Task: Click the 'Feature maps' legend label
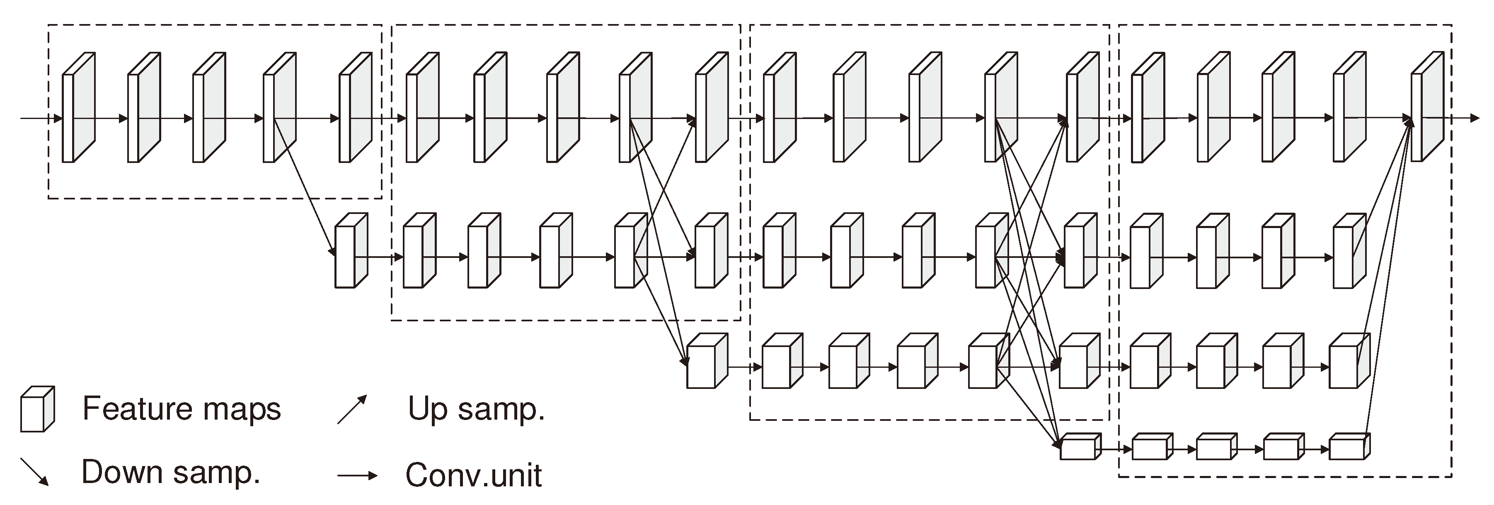pos(181,409)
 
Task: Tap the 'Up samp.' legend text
pos(476,409)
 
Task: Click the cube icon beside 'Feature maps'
pos(37,409)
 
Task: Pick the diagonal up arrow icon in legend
pos(352,409)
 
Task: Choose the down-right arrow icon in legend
pos(35,471)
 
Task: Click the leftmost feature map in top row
pos(78,108)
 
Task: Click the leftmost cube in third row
pos(707,361)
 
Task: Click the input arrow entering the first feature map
pos(41,119)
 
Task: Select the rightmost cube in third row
pos(1349,361)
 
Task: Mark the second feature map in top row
pos(143,108)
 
